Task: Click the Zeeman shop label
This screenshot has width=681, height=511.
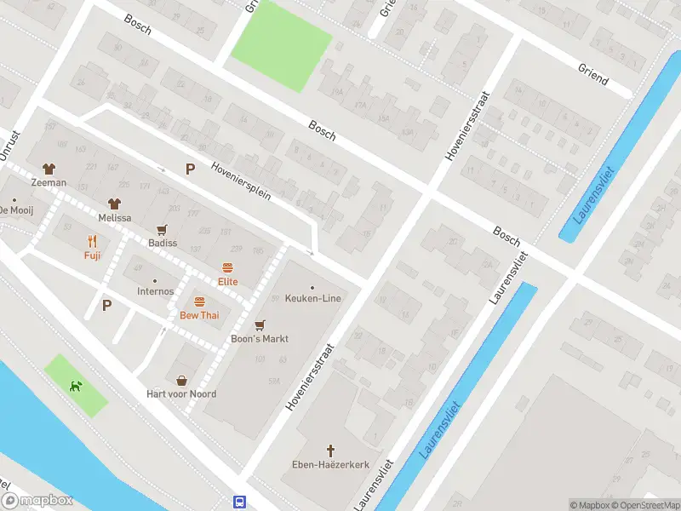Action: click(x=49, y=183)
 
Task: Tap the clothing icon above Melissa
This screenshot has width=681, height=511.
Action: click(x=114, y=204)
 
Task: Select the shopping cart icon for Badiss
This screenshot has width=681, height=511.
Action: click(x=162, y=229)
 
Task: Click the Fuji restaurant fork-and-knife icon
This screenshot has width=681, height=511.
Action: click(x=92, y=241)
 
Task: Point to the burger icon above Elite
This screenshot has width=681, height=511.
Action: click(x=227, y=267)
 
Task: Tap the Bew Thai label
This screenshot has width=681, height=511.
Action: click(x=199, y=315)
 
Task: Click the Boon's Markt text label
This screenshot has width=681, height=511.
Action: click(x=260, y=339)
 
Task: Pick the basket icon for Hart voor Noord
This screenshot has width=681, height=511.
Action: click(x=181, y=381)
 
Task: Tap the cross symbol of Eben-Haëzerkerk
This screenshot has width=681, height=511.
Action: click(x=331, y=450)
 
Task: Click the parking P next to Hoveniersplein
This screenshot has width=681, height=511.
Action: click(x=191, y=169)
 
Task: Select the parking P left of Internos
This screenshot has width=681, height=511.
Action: click(x=107, y=305)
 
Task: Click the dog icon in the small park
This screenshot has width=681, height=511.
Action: click(x=77, y=386)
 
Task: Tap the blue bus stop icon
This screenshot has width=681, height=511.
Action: click(x=240, y=502)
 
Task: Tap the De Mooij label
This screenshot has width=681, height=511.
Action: click(x=15, y=210)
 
